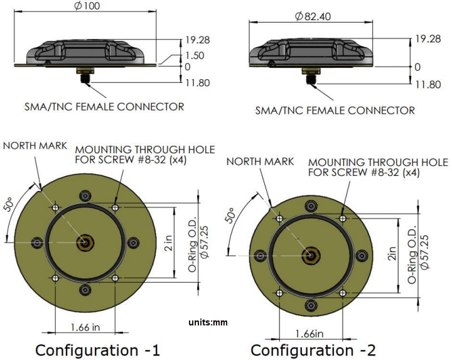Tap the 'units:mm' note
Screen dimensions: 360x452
(x=208, y=322)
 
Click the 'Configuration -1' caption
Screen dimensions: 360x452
(x=97, y=349)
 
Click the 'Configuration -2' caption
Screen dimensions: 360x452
(x=313, y=349)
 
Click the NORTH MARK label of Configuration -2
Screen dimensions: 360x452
(x=260, y=161)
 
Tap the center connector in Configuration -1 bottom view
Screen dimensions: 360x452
(x=85, y=242)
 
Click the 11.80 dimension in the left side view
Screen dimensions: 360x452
(x=197, y=82)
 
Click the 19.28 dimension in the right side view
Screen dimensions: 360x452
(x=425, y=39)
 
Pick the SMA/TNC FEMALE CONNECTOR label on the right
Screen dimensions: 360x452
(x=335, y=111)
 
